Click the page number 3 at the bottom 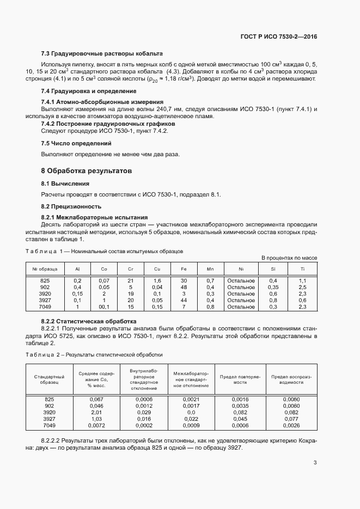315,463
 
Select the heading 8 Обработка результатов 87,170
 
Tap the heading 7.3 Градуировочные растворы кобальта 102,54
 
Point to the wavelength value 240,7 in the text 133,109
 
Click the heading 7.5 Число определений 76,143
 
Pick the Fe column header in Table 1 184,269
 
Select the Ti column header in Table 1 303,269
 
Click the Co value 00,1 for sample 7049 104,306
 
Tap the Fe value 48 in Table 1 184,287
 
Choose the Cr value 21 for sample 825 131,280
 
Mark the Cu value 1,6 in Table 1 157,280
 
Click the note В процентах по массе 289,257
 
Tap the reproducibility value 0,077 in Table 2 291,419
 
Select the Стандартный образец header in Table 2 49,379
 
